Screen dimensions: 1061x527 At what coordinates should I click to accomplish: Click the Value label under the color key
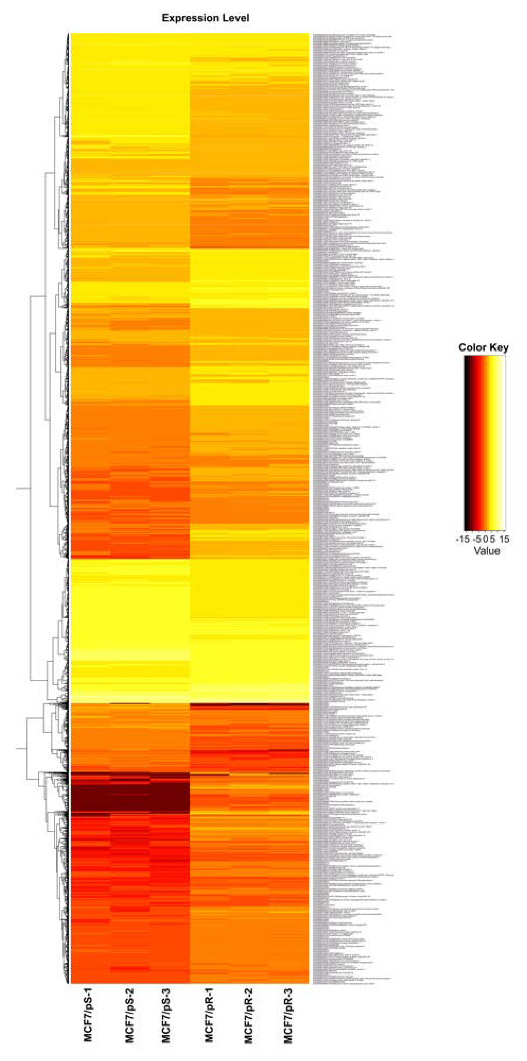coord(487,551)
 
